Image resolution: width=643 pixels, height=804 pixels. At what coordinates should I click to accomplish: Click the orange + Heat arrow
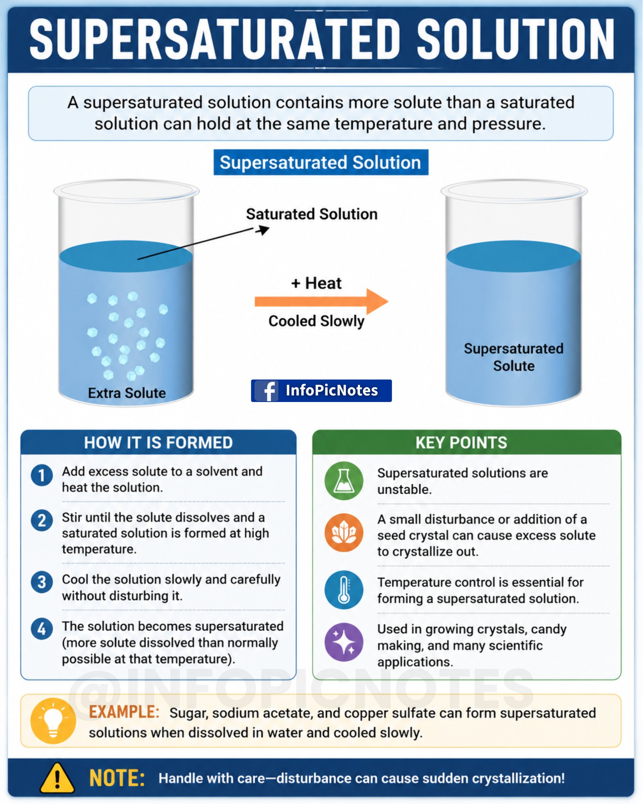click(321, 301)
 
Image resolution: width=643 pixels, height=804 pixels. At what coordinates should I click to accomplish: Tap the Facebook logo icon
click(267, 391)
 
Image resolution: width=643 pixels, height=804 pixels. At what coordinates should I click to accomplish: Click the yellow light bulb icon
click(53, 721)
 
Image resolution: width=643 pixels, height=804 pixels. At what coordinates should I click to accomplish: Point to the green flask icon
click(344, 481)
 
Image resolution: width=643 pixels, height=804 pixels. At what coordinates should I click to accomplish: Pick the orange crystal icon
click(344, 532)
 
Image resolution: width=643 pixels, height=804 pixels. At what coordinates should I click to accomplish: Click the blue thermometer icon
click(344, 590)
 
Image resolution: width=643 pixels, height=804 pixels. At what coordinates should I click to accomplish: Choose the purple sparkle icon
click(344, 642)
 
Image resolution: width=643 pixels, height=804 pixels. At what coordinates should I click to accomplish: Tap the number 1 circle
click(42, 475)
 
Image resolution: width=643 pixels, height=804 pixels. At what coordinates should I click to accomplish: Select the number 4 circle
click(42, 629)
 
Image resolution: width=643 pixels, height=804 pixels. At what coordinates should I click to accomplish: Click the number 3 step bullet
click(42, 582)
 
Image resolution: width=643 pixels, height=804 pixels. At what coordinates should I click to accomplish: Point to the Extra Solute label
click(127, 393)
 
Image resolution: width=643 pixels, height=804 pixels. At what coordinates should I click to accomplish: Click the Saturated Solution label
click(312, 214)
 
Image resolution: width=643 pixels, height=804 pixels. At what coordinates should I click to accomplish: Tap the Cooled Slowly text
click(316, 321)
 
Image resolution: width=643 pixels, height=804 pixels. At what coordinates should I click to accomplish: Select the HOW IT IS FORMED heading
click(158, 443)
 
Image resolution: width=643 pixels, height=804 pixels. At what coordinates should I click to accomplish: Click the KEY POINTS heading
click(461, 443)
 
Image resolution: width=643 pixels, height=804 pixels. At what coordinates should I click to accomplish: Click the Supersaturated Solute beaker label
click(513, 357)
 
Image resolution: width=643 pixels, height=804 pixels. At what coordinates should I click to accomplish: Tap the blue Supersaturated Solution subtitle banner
click(321, 162)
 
